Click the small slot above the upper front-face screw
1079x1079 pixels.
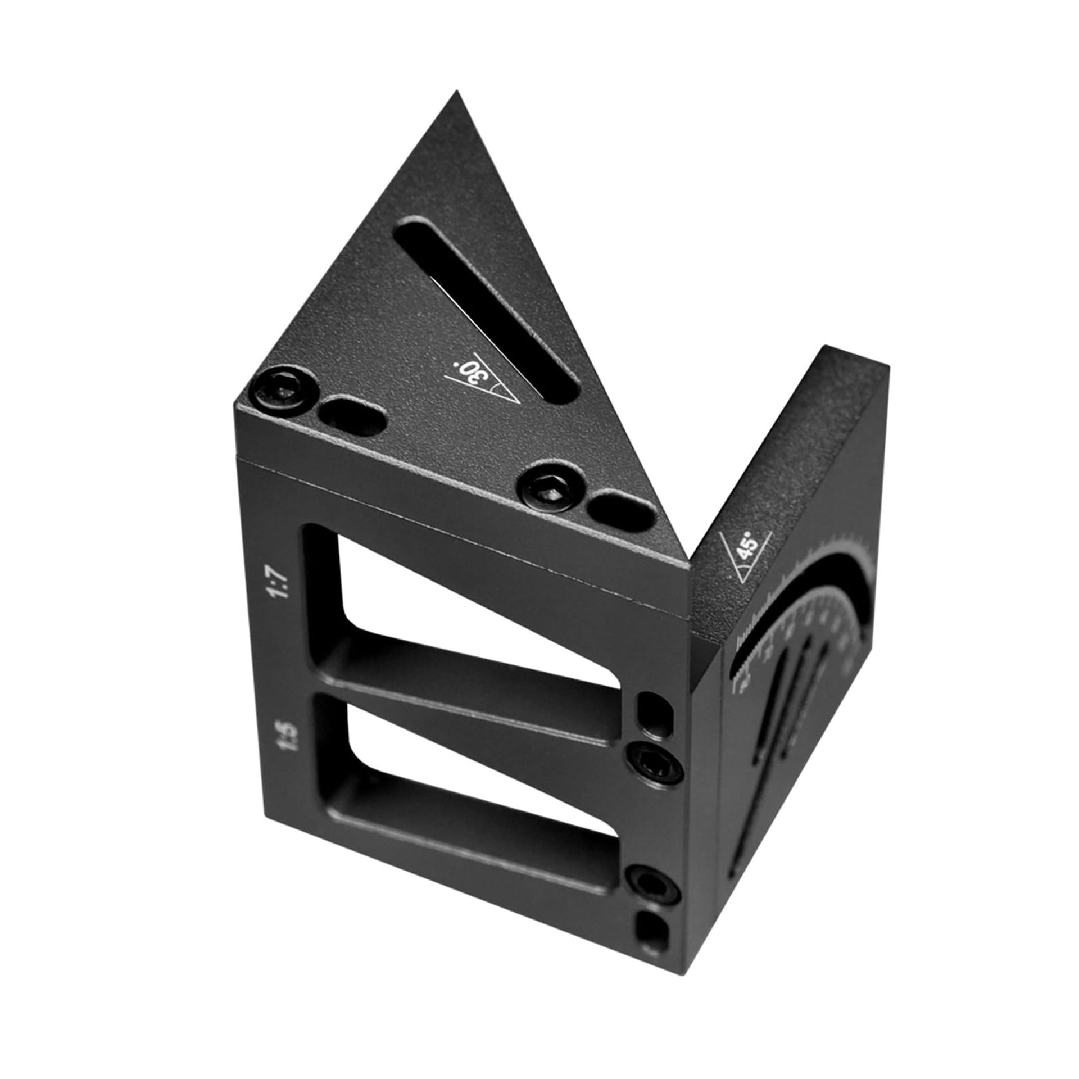654,710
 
